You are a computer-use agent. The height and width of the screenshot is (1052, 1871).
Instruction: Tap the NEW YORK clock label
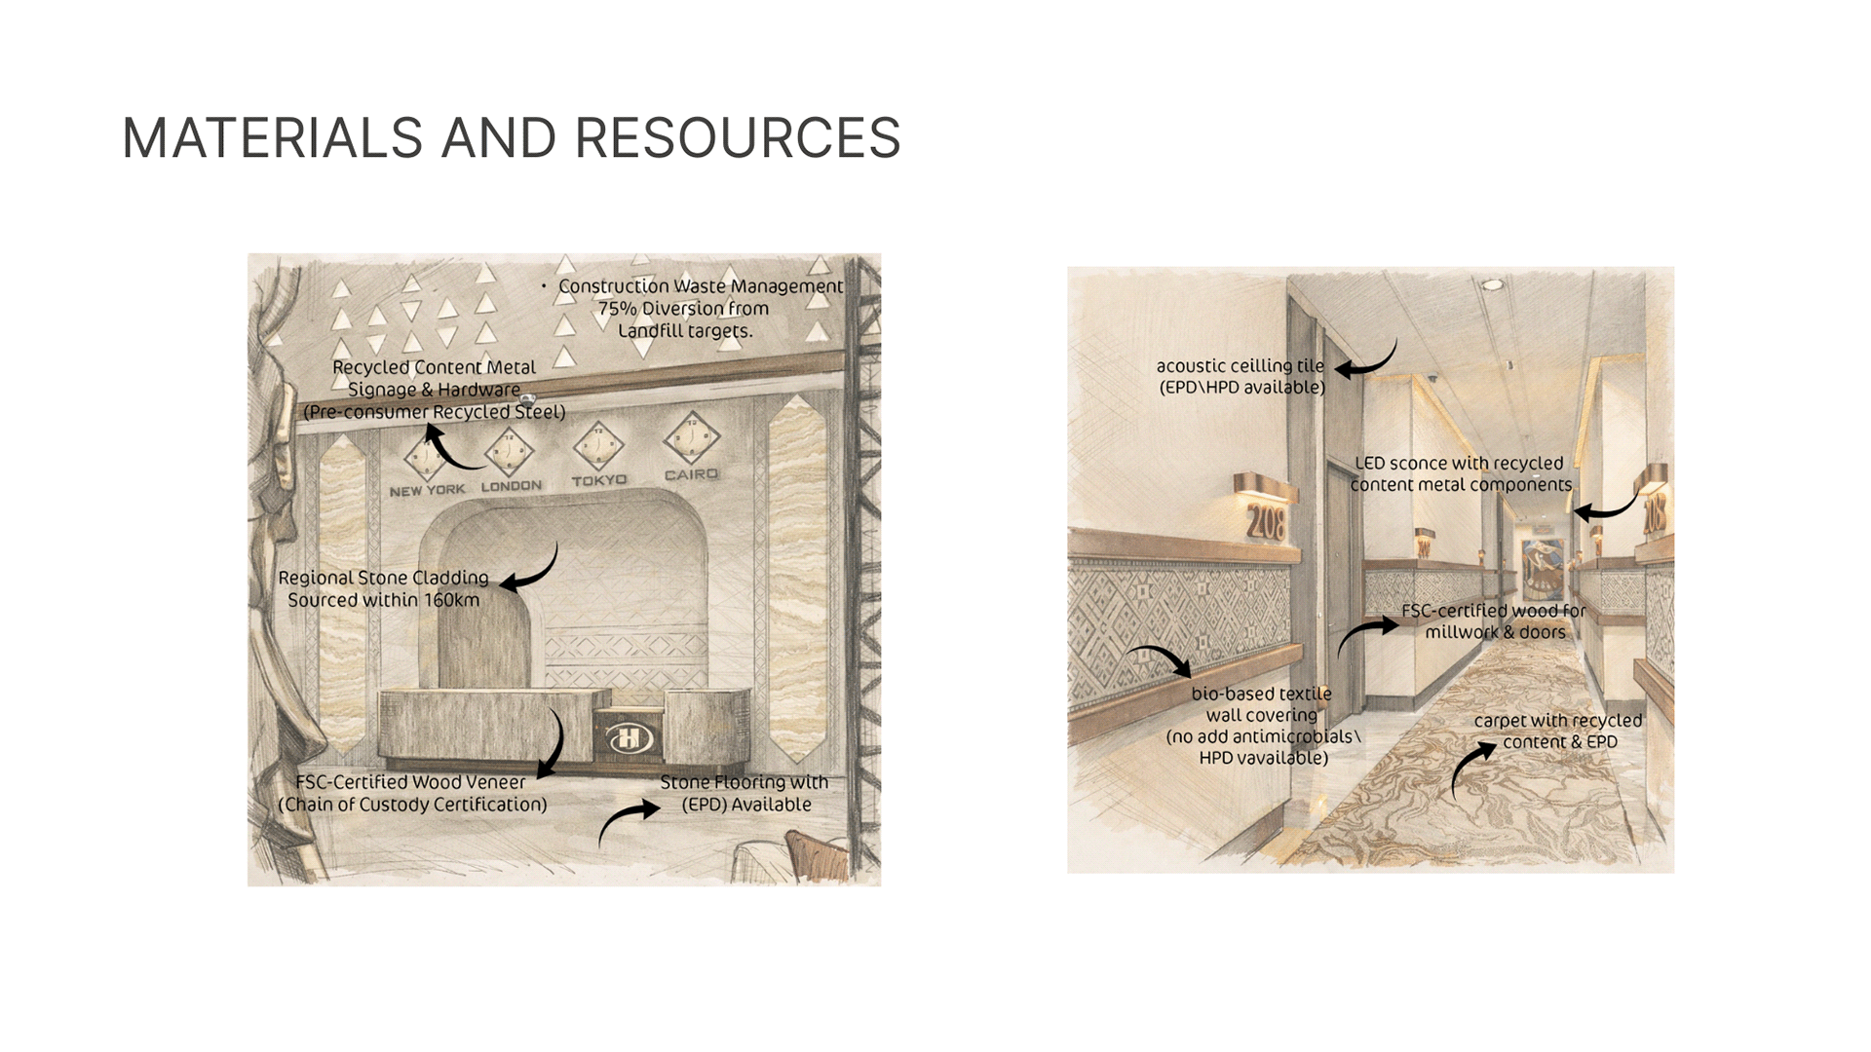[x=427, y=490]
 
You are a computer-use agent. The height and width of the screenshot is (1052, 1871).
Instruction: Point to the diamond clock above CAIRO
[x=691, y=438]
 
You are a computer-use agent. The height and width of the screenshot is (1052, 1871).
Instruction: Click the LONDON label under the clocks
[x=512, y=485]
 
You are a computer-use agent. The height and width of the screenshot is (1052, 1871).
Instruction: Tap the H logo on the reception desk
[x=630, y=739]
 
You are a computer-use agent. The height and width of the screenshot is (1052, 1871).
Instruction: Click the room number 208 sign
[x=1266, y=523]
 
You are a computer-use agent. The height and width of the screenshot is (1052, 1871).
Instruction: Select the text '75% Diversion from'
[x=683, y=309]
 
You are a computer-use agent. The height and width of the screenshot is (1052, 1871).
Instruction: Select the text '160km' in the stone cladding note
[x=451, y=600]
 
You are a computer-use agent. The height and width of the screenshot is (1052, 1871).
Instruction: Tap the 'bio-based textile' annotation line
[x=1261, y=694]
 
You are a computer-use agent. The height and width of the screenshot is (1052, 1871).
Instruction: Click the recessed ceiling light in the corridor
[x=1492, y=284]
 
